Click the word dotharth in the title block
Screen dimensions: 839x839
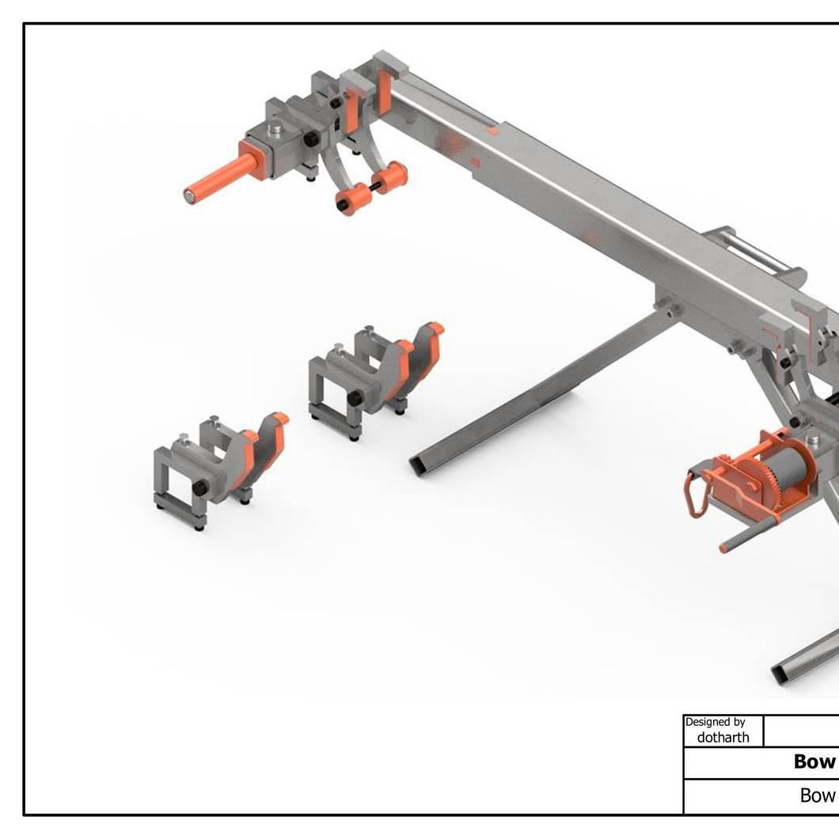coord(723,738)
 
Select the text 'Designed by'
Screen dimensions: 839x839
coord(715,722)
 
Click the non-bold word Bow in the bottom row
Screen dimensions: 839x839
coord(818,795)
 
